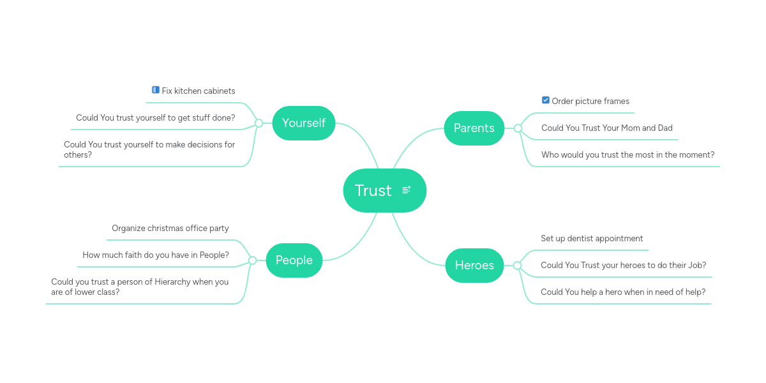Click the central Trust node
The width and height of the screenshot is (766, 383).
click(x=373, y=190)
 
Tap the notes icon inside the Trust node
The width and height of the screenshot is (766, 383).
click(x=407, y=190)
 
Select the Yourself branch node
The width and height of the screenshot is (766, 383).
click(x=303, y=123)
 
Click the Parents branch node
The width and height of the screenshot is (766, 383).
click(x=474, y=128)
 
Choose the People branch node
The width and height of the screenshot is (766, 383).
click(x=294, y=260)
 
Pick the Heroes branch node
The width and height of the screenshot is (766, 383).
click(x=474, y=266)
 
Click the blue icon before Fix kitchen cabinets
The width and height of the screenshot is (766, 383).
click(x=155, y=90)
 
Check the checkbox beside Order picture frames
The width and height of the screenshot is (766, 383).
click(x=545, y=100)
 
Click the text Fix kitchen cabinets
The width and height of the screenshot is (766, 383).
click(x=199, y=91)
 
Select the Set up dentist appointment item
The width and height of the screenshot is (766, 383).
click(x=592, y=239)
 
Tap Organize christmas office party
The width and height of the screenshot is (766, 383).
click(x=170, y=229)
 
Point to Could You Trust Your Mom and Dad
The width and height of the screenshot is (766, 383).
click(x=606, y=128)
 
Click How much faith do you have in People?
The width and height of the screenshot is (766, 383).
click(x=155, y=255)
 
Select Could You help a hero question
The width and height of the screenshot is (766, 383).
click(x=622, y=292)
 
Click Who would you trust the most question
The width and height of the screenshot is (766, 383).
click(x=627, y=155)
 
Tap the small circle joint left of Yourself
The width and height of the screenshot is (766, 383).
click(x=259, y=123)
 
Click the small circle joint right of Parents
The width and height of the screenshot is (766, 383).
click(x=518, y=128)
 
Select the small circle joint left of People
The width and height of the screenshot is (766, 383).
click(x=252, y=260)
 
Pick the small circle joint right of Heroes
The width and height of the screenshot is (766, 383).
click(x=517, y=266)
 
